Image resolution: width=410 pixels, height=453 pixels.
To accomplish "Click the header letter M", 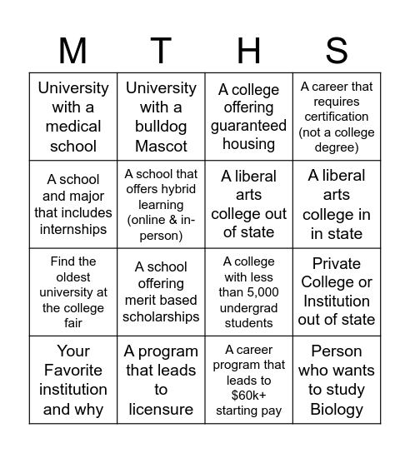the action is [x=73, y=52].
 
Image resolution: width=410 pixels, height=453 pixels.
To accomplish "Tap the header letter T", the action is [x=161, y=52].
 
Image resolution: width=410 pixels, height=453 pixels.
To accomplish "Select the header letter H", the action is [x=248, y=52].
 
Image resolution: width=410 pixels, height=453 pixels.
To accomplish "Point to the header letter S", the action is [x=337, y=52].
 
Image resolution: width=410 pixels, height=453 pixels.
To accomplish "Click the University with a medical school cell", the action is [x=73, y=117].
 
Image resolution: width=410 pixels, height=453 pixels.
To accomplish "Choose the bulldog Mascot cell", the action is [x=161, y=117].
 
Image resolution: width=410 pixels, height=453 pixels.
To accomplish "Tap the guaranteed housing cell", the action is [x=248, y=117].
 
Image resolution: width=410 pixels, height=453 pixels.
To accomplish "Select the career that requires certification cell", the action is [x=337, y=117].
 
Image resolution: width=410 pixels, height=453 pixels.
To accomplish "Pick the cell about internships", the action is [x=73, y=204].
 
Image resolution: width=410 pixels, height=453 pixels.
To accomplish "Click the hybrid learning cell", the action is [x=161, y=204].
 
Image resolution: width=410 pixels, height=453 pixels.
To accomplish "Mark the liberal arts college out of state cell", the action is [x=248, y=204].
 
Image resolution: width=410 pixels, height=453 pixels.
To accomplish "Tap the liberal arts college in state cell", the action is [x=337, y=204].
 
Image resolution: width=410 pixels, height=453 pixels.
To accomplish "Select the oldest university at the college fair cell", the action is [x=73, y=291].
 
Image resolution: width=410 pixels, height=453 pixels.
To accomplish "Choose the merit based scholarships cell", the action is [x=161, y=291].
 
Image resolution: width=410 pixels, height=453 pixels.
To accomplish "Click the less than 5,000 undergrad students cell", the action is [x=248, y=291].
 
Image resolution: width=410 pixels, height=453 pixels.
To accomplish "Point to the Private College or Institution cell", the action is [x=337, y=291].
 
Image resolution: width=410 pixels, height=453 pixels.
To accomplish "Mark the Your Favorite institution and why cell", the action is [x=73, y=380].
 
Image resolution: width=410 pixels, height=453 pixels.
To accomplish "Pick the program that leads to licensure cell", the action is [x=161, y=380].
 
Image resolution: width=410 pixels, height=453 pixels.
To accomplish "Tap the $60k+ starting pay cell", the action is [x=248, y=380].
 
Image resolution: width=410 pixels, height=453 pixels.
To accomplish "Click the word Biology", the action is [x=337, y=409].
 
